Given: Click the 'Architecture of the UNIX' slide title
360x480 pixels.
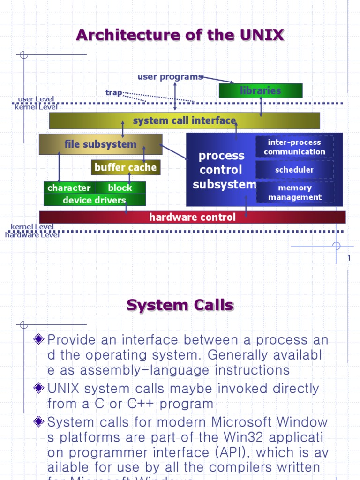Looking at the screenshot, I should point(180,35).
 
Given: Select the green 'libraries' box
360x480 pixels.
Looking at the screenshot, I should point(261,90).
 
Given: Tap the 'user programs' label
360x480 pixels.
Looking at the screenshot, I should point(170,76).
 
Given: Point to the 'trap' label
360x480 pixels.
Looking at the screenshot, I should point(113,92).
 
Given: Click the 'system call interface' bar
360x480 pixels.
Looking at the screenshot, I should point(184,120).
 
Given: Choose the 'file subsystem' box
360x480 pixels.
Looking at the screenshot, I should point(100,144).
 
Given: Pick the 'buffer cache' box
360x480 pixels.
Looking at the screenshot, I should point(126,167).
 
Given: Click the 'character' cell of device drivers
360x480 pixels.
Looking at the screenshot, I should point(69,187).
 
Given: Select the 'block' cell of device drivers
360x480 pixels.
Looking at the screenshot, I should point(120,187).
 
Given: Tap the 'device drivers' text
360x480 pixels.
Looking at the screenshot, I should point(94,200).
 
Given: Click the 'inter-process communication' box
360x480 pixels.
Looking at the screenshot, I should point(294,147).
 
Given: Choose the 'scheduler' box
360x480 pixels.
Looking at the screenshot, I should point(294,170).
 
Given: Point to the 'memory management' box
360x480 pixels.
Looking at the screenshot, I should point(294,193).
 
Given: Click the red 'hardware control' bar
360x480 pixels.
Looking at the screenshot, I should point(192,217).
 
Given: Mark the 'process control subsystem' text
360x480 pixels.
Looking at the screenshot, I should point(222,170).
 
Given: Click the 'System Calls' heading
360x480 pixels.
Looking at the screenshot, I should point(180,305).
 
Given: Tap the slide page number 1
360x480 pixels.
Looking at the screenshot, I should point(349,258).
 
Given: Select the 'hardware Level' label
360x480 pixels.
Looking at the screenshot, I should point(32,235).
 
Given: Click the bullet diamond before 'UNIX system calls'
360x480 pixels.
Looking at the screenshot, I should point(39,388).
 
